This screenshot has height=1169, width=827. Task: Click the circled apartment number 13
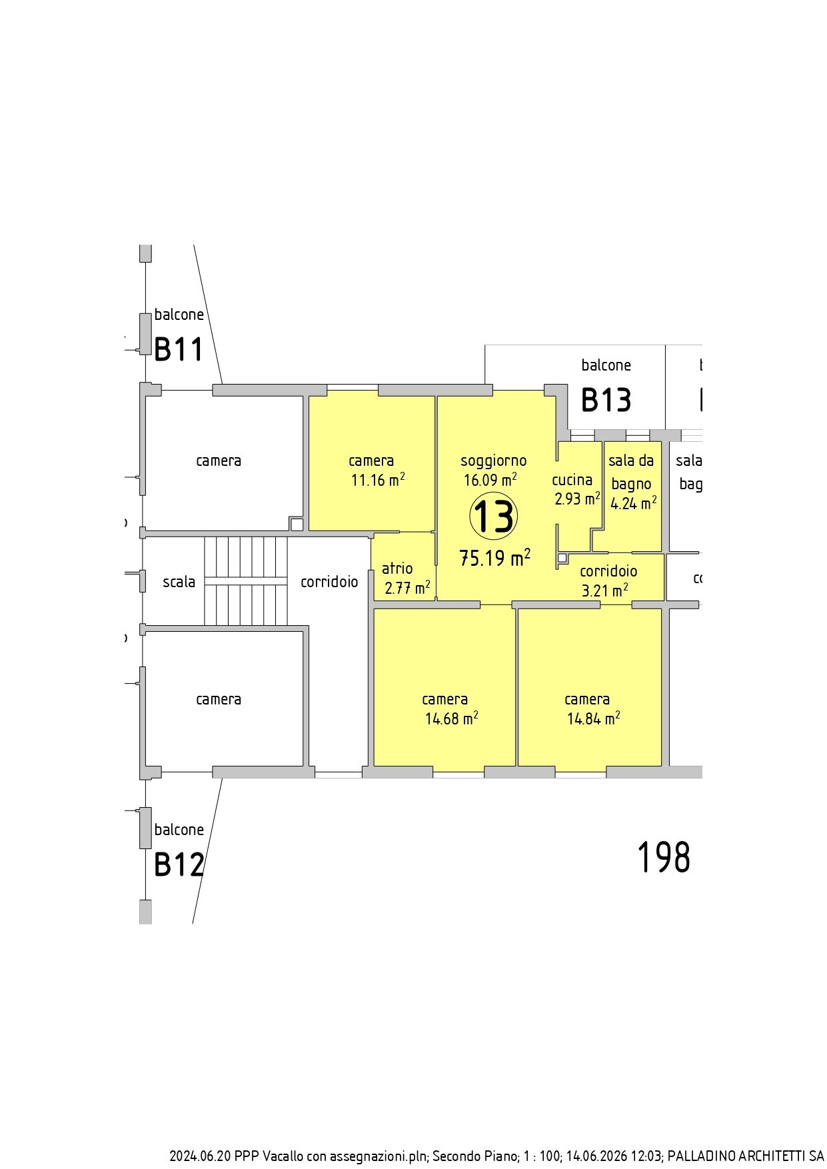click(x=494, y=517)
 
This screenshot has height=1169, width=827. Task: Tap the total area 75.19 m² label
click(x=495, y=557)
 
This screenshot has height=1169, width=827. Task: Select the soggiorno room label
click(x=494, y=461)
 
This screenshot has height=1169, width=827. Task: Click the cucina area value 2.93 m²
click(x=578, y=499)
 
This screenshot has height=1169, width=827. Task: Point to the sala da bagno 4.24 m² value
click(x=634, y=503)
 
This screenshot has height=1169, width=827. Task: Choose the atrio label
click(x=397, y=569)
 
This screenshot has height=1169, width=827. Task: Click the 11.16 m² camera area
click(x=379, y=480)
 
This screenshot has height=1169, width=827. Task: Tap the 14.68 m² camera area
click(x=452, y=718)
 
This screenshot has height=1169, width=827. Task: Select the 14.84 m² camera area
click(x=594, y=718)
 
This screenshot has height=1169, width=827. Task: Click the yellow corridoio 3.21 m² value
click(x=605, y=590)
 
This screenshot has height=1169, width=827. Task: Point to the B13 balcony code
click(x=606, y=400)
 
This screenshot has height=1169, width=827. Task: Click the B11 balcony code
click(x=179, y=349)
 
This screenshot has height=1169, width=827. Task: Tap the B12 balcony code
click(x=179, y=865)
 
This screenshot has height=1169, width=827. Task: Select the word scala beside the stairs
click(x=179, y=582)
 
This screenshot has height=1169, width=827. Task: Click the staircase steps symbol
click(x=245, y=581)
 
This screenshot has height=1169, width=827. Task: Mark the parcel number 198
click(x=664, y=857)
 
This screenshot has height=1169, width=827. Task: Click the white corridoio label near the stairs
click(x=329, y=582)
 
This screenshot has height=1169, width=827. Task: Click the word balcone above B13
click(x=606, y=365)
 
